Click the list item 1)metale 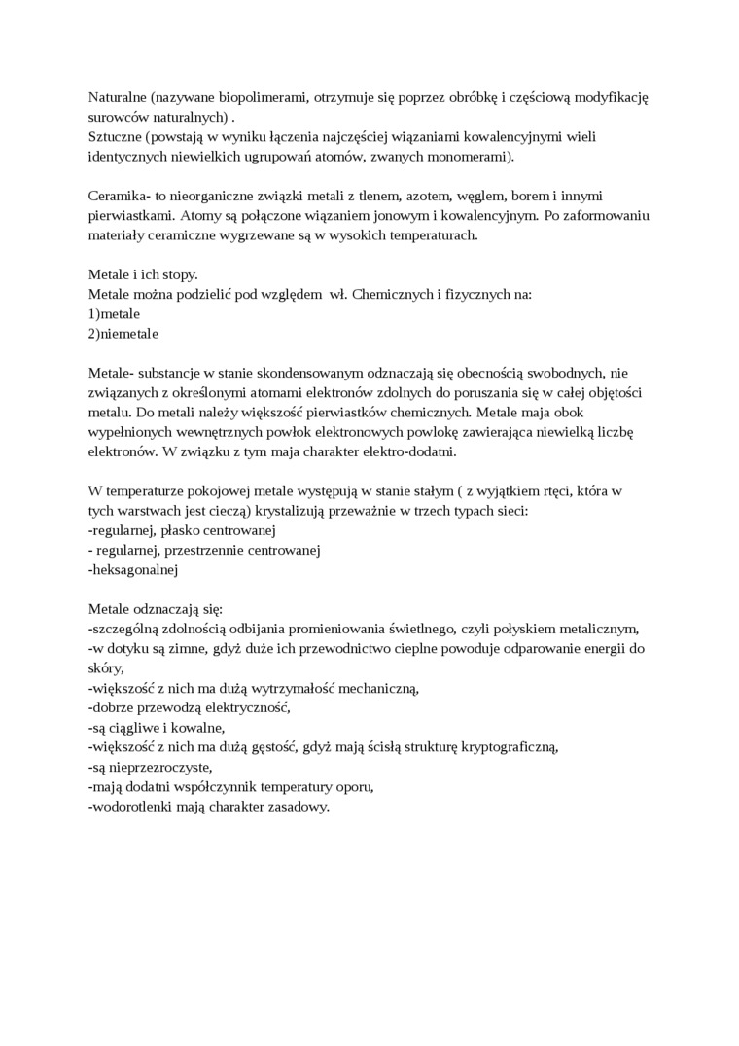click(x=114, y=314)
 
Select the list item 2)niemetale click(x=123, y=334)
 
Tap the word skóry click(x=105, y=668)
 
